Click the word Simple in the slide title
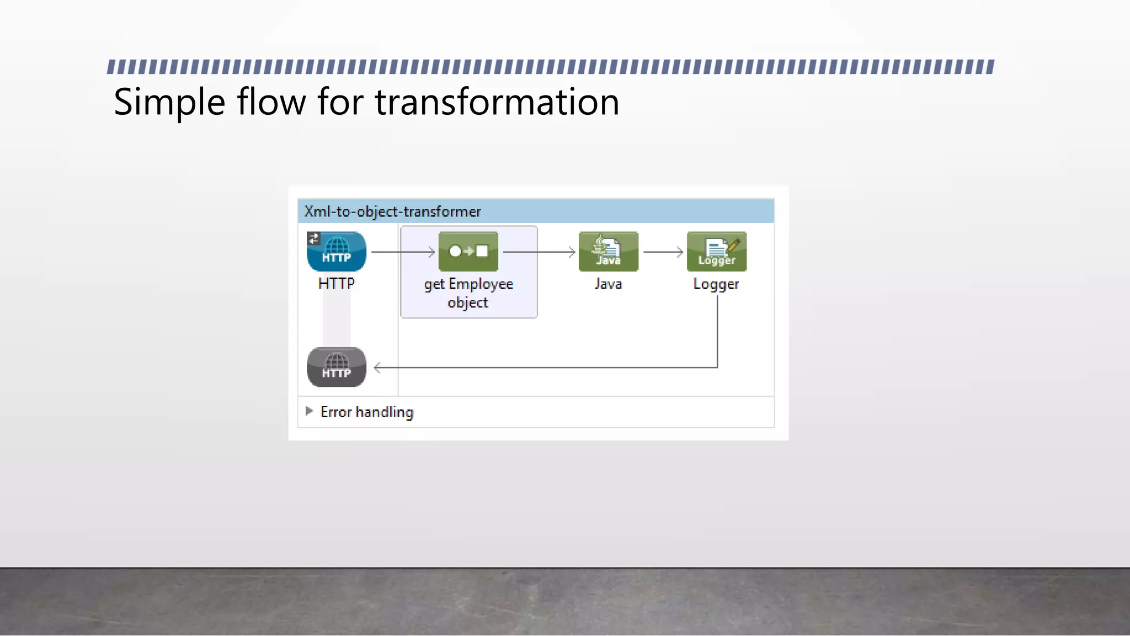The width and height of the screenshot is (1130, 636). pyautogui.click(x=169, y=103)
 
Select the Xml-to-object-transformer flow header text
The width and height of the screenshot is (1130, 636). pyautogui.click(x=392, y=212)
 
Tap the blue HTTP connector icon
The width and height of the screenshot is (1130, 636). pyautogui.click(x=337, y=252)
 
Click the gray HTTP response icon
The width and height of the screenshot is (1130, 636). pyautogui.click(x=337, y=367)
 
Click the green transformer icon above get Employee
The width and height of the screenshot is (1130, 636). pyautogui.click(x=468, y=252)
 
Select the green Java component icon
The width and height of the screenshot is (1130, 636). pyautogui.click(x=608, y=252)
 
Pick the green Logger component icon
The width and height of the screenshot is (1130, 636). pyautogui.click(x=716, y=252)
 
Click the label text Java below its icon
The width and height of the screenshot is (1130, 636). pyautogui.click(x=608, y=284)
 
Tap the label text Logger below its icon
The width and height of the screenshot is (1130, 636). pyautogui.click(x=716, y=284)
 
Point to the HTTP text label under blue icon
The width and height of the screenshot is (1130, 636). pyautogui.click(x=337, y=284)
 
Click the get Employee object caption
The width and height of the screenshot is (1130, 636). pyautogui.click(x=468, y=293)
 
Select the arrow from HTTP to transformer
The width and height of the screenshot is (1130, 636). pyautogui.click(x=403, y=252)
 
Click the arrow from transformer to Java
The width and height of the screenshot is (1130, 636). pyautogui.click(x=539, y=252)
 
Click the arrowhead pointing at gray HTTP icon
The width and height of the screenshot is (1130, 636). pyautogui.click(x=378, y=368)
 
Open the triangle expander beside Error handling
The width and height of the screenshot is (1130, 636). pyautogui.click(x=309, y=411)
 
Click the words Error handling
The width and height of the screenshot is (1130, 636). pyautogui.click(x=367, y=412)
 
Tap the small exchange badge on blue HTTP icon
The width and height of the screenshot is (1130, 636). pyautogui.click(x=313, y=239)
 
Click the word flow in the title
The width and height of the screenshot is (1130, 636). pyautogui.click(x=271, y=103)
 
